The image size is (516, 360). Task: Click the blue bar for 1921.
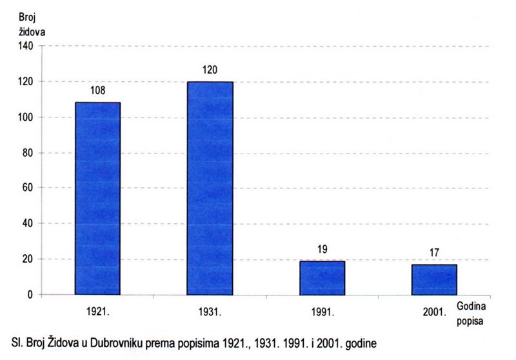[x=97, y=198]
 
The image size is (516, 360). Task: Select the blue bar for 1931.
[x=210, y=188]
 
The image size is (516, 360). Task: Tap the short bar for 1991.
[x=322, y=277]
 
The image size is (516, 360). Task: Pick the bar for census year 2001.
[x=435, y=279]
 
